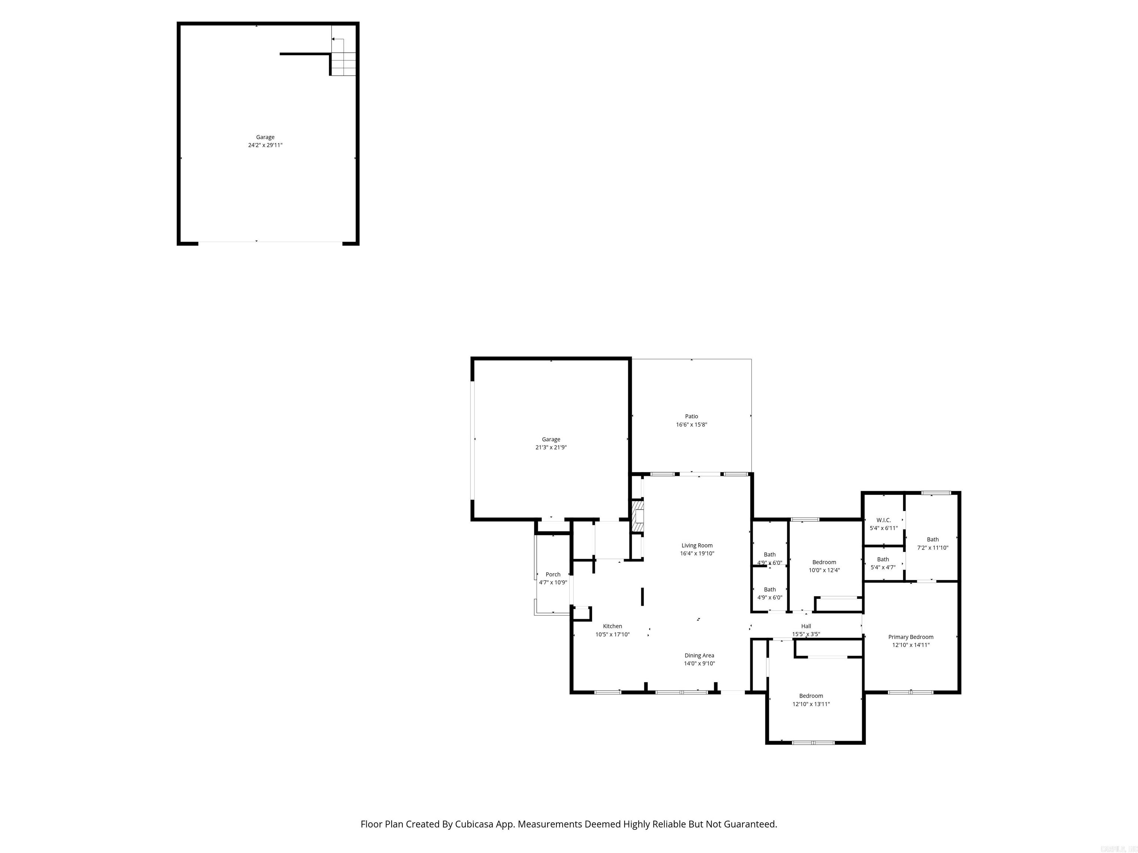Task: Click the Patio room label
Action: [692, 417]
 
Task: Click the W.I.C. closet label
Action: [884, 520]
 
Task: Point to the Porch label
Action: [553, 574]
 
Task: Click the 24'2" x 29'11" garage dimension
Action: [266, 145]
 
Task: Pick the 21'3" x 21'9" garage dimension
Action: [551, 447]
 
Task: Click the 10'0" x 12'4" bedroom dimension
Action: [824, 570]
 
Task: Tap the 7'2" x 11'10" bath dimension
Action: [933, 548]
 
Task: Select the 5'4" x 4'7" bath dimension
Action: [883, 568]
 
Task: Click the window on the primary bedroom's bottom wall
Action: [911, 692]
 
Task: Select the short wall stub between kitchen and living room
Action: [642, 597]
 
